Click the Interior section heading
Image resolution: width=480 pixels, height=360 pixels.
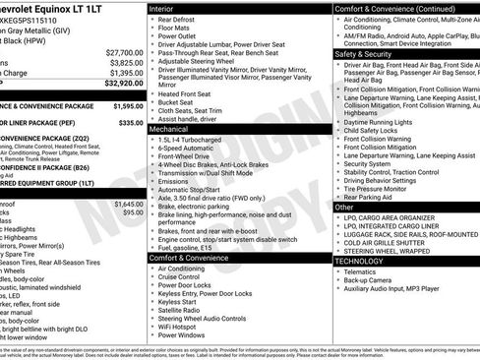click(162, 8)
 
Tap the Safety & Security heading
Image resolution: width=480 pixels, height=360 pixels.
click(367, 54)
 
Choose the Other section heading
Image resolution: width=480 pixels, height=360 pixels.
click(344, 208)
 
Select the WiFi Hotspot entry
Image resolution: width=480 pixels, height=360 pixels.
click(183, 325)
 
